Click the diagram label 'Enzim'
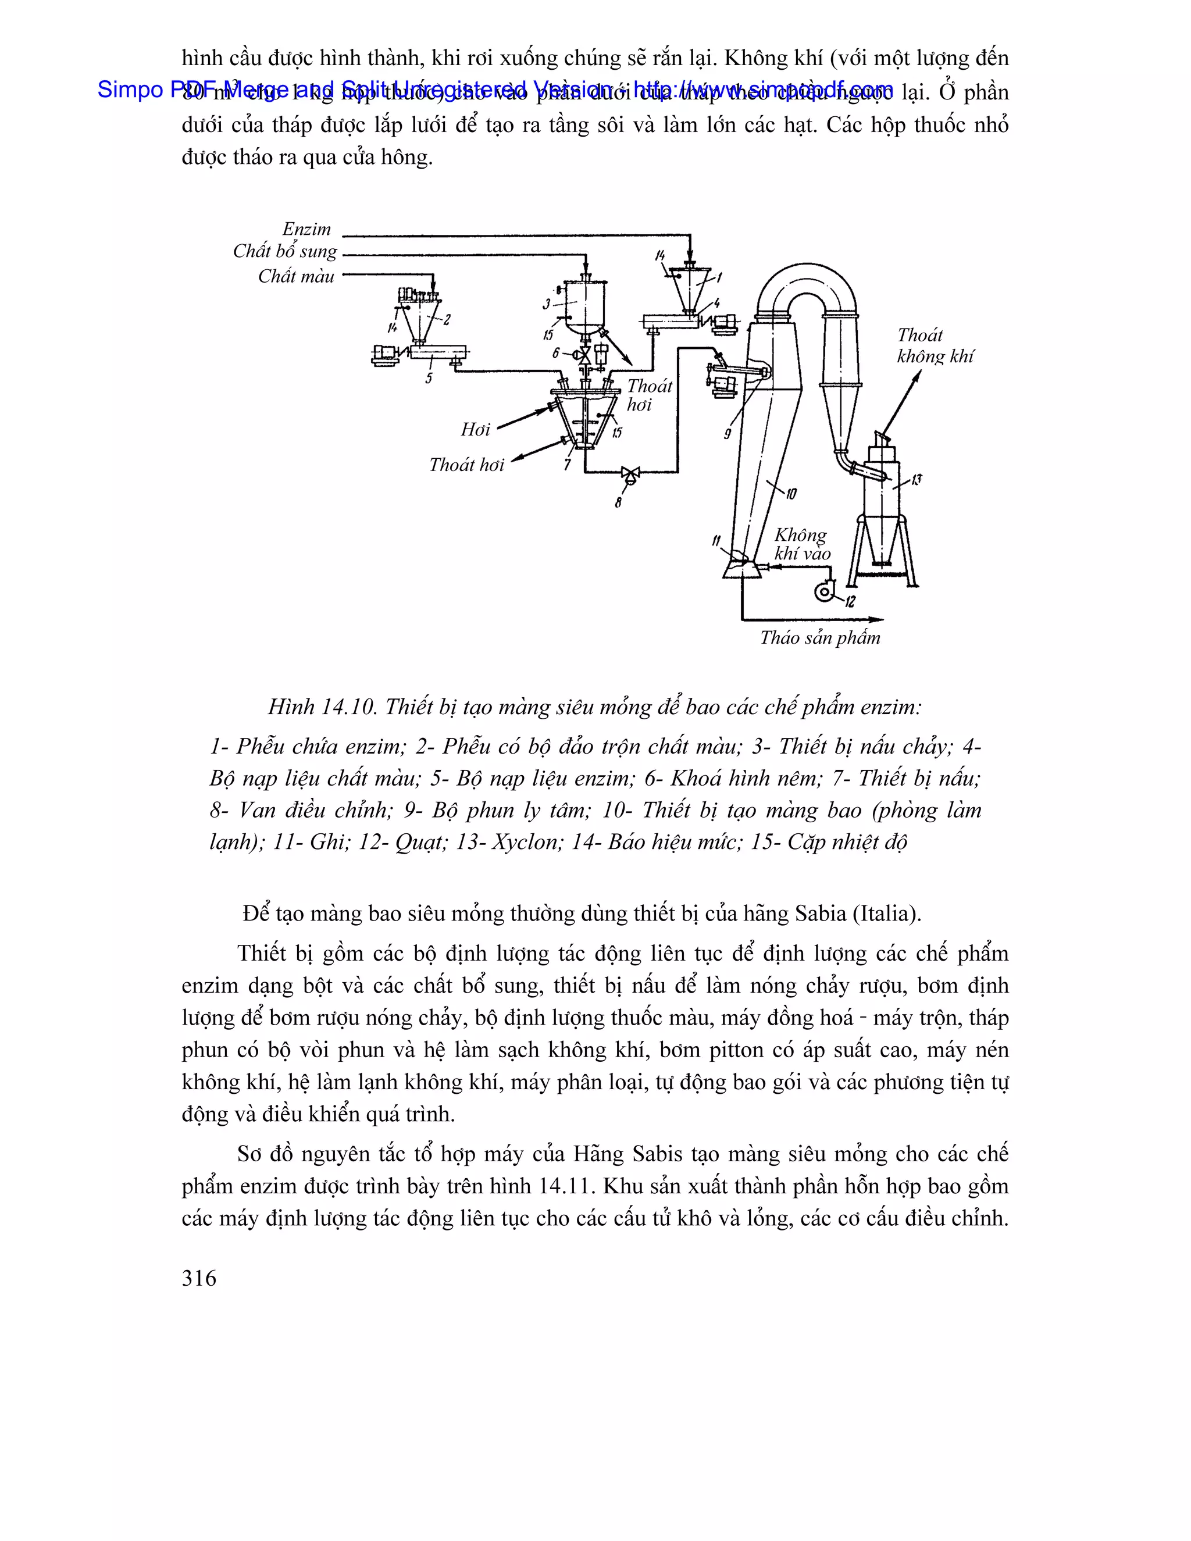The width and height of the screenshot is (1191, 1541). [x=306, y=229]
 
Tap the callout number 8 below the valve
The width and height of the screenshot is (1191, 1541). [x=618, y=503]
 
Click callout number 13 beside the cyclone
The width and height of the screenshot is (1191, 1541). [x=917, y=480]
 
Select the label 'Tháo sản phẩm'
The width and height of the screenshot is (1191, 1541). [x=820, y=638]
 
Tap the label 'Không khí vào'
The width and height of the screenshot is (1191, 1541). [x=801, y=544]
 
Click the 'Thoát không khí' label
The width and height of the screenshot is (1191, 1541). [x=934, y=346]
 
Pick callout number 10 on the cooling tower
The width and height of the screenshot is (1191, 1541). [x=791, y=494]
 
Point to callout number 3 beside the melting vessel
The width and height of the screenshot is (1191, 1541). [x=546, y=304]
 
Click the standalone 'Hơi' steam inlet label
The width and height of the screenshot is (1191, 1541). [x=475, y=429]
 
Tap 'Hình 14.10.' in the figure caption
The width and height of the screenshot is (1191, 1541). [x=322, y=707]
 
